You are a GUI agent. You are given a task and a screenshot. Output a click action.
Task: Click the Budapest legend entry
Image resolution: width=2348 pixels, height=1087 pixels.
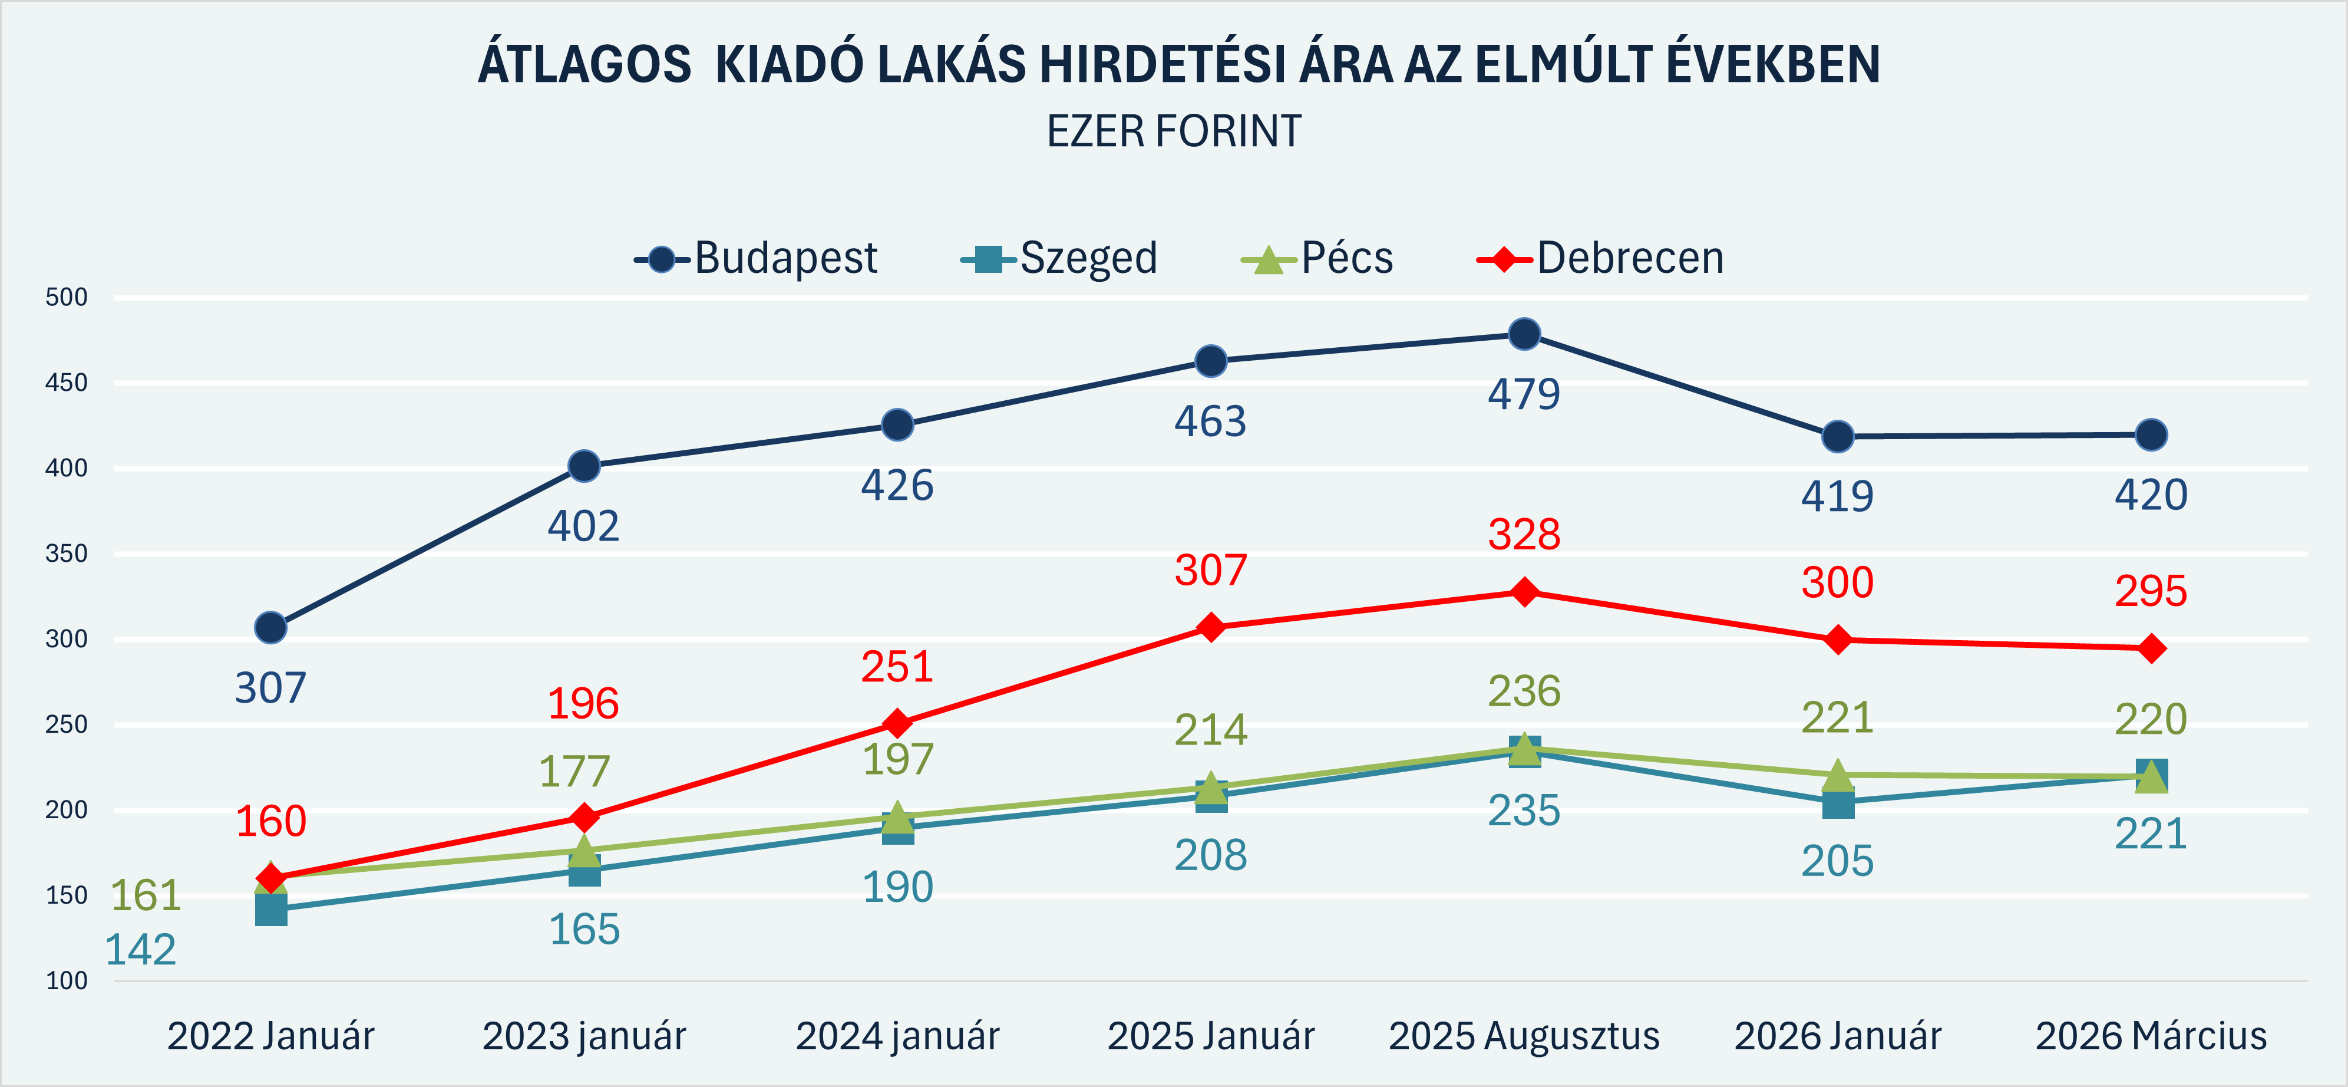(x=757, y=259)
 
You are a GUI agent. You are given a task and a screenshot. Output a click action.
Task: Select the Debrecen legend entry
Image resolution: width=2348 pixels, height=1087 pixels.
(x=1601, y=259)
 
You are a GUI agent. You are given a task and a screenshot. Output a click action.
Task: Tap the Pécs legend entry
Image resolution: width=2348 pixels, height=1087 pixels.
(x=1318, y=259)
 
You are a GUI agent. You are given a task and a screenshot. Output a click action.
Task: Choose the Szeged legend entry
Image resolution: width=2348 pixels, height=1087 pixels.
(x=1060, y=259)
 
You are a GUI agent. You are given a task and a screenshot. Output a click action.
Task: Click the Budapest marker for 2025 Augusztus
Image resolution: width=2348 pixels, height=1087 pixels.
(x=1524, y=335)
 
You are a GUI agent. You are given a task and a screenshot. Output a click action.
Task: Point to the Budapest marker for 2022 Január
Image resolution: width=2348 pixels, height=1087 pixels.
(x=270, y=627)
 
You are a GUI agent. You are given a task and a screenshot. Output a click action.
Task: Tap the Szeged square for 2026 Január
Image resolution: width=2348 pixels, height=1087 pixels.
(x=1838, y=803)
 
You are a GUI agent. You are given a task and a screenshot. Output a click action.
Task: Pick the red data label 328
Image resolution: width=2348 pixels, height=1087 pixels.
(x=1524, y=535)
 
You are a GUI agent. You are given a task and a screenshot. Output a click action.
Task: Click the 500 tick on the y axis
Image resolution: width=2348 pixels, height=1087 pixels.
(x=67, y=297)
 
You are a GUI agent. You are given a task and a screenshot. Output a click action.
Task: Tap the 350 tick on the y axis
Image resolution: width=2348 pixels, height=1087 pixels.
(x=67, y=554)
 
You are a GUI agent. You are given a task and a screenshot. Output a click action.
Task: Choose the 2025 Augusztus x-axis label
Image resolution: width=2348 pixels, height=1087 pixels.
(x=1524, y=1036)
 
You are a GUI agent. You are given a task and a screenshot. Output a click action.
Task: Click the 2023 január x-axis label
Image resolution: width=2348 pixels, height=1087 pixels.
(x=584, y=1036)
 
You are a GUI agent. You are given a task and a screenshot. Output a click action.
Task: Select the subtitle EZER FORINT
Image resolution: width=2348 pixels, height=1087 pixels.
(x=1174, y=131)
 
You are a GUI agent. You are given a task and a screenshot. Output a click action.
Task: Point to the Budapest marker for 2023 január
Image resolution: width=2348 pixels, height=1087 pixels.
(x=584, y=467)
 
